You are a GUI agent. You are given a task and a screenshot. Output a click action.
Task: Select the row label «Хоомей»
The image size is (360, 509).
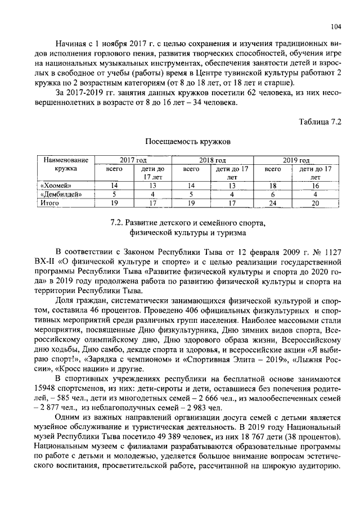click(x=57, y=185)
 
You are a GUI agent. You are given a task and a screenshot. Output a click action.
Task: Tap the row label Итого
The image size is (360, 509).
click(x=50, y=202)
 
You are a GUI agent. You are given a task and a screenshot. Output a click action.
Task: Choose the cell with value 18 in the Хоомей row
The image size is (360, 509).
click(x=273, y=185)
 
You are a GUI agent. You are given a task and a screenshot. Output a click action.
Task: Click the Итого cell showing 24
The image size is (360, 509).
click(x=273, y=202)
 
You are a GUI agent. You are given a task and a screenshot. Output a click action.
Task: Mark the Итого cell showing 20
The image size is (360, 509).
click(x=316, y=202)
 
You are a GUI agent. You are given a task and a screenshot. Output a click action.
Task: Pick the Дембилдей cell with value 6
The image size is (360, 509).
click(x=273, y=194)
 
